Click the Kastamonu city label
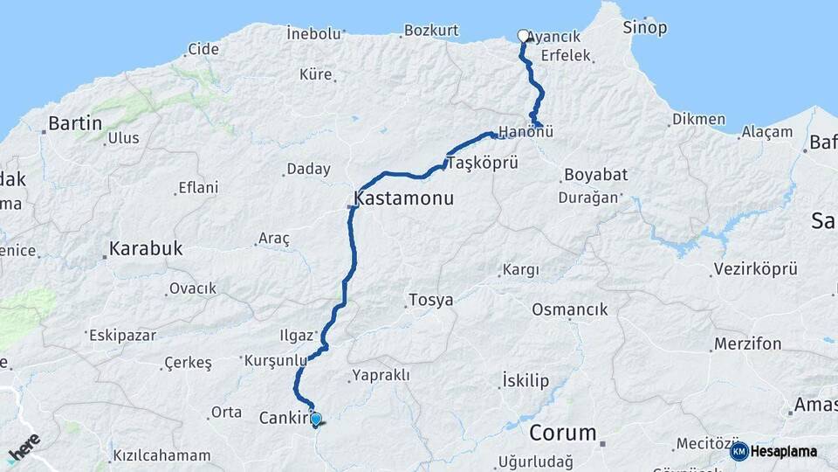(404, 198)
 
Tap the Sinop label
(645, 28)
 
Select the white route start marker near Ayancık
(523, 36)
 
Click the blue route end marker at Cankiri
(315, 419)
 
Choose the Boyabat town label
(595, 175)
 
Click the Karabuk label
(146, 248)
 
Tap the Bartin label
(75, 123)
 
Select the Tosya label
(430, 301)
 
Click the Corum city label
(563, 432)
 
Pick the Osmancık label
(569, 309)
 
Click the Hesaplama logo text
(783, 451)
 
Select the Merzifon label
(747, 344)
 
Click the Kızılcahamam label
(161, 455)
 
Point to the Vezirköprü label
(755, 269)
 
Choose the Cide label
(203, 49)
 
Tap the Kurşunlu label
(275, 360)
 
